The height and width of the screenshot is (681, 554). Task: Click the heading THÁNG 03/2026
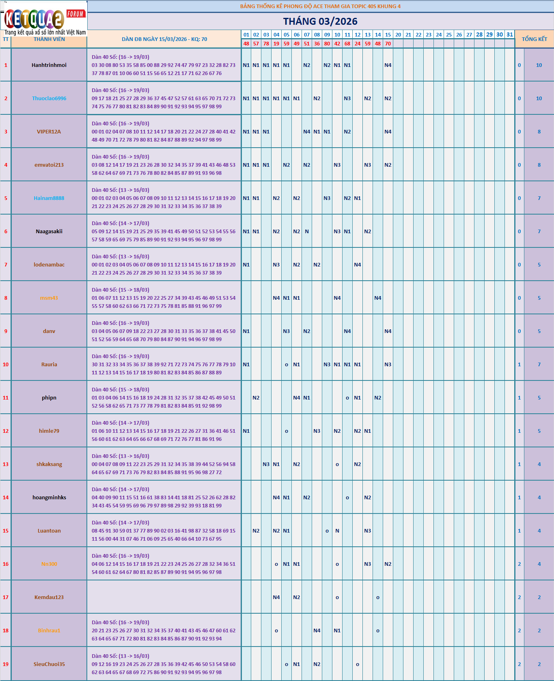click(x=320, y=21)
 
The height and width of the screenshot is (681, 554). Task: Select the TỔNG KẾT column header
click(x=534, y=39)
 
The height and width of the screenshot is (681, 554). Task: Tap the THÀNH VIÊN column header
click(x=49, y=39)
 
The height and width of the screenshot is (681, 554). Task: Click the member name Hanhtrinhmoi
click(x=49, y=65)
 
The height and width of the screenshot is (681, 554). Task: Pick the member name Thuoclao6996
click(x=49, y=98)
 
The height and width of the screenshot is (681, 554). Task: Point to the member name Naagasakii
click(x=49, y=231)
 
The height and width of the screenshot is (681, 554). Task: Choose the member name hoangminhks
click(x=49, y=497)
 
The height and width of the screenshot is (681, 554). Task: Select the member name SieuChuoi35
click(x=49, y=664)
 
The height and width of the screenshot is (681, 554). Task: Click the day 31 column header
click(x=510, y=34)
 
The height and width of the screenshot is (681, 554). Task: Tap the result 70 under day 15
click(x=388, y=43)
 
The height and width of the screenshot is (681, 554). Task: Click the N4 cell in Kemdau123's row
click(x=276, y=597)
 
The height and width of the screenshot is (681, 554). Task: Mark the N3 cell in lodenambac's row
click(x=276, y=264)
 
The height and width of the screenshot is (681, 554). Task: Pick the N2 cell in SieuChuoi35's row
click(x=317, y=664)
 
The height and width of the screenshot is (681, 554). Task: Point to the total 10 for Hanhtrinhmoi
click(x=539, y=65)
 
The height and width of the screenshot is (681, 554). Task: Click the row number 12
click(x=6, y=431)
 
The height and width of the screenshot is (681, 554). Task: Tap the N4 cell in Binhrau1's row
click(x=317, y=630)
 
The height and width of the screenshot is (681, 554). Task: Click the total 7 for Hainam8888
click(x=539, y=198)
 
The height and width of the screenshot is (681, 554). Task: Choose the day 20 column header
click(x=398, y=34)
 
